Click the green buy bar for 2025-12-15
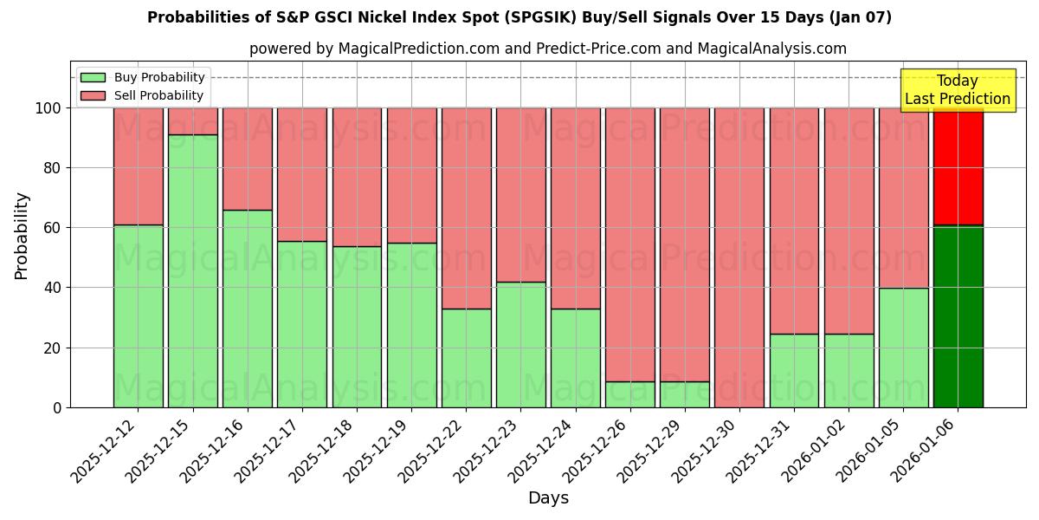coord(193,270)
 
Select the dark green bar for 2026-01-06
coord(958,316)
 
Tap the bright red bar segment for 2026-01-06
coord(958,166)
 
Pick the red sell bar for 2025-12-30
coord(739,257)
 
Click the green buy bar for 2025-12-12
coord(139,316)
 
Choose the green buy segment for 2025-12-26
coord(630,394)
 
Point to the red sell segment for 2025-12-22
coord(467,208)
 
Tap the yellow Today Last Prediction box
coord(958,90)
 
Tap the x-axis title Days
coord(548,498)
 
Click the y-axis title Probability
coord(22,235)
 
